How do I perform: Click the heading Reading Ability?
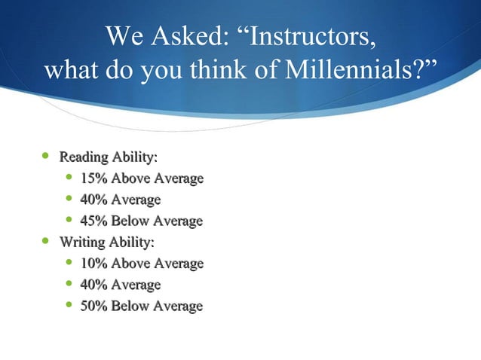click(x=109, y=157)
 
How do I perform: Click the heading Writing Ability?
click(x=107, y=243)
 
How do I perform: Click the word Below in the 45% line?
click(x=132, y=221)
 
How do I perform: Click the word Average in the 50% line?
click(x=178, y=307)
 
